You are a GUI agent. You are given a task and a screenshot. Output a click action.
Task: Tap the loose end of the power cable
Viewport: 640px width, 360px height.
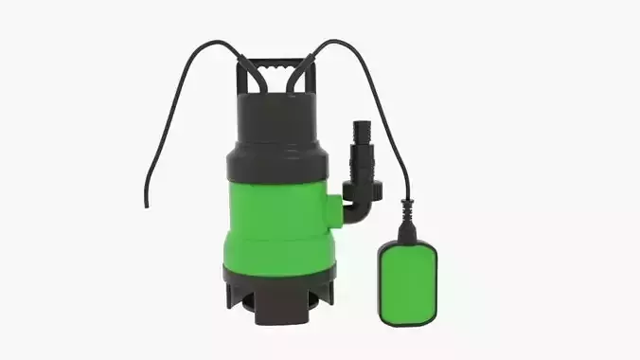pos(146,203)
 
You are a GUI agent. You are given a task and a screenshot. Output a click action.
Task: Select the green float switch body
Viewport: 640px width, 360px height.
pos(407,281)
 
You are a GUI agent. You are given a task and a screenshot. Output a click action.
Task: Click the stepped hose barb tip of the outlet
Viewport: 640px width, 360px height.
pos(360,133)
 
